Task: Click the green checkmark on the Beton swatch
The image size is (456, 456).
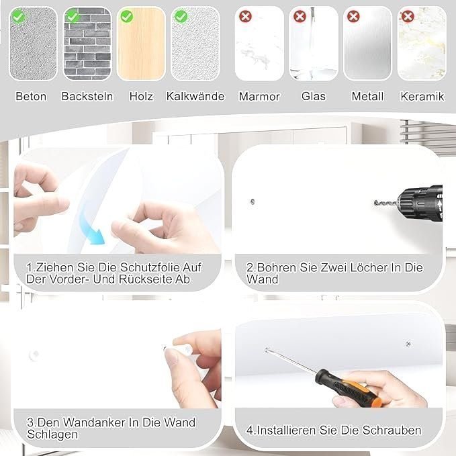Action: click(x=18, y=17)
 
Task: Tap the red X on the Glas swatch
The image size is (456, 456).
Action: click(x=300, y=16)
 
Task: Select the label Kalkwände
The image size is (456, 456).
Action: click(x=195, y=96)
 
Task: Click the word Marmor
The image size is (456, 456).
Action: click(x=259, y=97)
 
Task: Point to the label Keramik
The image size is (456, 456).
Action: click(x=422, y=97)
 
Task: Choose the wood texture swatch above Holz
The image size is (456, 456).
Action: click(x=141, y=44)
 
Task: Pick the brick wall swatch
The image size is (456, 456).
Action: click(x=87, y=44)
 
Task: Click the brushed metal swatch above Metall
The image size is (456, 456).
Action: click(x=368, y=44)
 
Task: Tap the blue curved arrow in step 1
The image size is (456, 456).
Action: click(x=91, y=226)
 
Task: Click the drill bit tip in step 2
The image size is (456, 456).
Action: click(x=375, y=202)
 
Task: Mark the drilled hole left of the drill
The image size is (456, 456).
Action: click(x=253, y=201)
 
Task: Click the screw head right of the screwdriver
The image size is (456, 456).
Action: click(x=408, y=344)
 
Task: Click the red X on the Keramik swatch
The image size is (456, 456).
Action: click(x=408, y=16)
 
